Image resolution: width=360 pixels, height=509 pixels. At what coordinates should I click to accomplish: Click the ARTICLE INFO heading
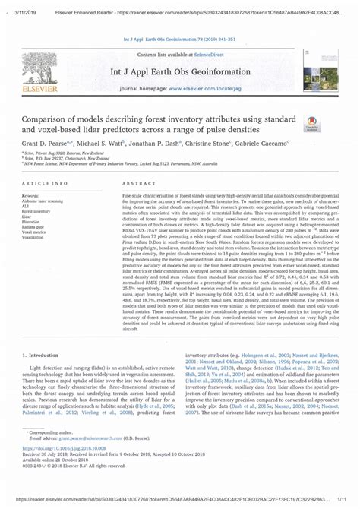click(48, 185)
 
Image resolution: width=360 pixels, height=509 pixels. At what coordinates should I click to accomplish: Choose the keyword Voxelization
click(36, 237)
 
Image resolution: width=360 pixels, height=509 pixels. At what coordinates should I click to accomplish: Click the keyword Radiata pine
click(36, 226)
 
